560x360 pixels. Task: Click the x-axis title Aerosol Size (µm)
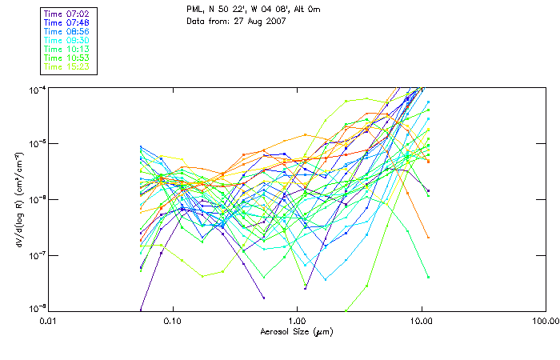[x=297, y=331]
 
